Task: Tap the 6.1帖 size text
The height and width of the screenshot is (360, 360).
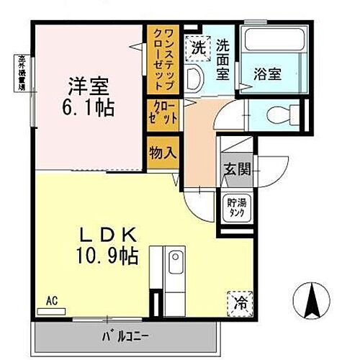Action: pyautogui.click(x=89, y=109)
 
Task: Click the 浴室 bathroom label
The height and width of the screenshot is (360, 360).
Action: pyautogui.click(x=266, y=73)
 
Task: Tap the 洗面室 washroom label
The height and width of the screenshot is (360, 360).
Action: pyautogui.click(x=224, y=59)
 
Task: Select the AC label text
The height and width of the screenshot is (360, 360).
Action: pyautogui.click(x=51, y=300)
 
